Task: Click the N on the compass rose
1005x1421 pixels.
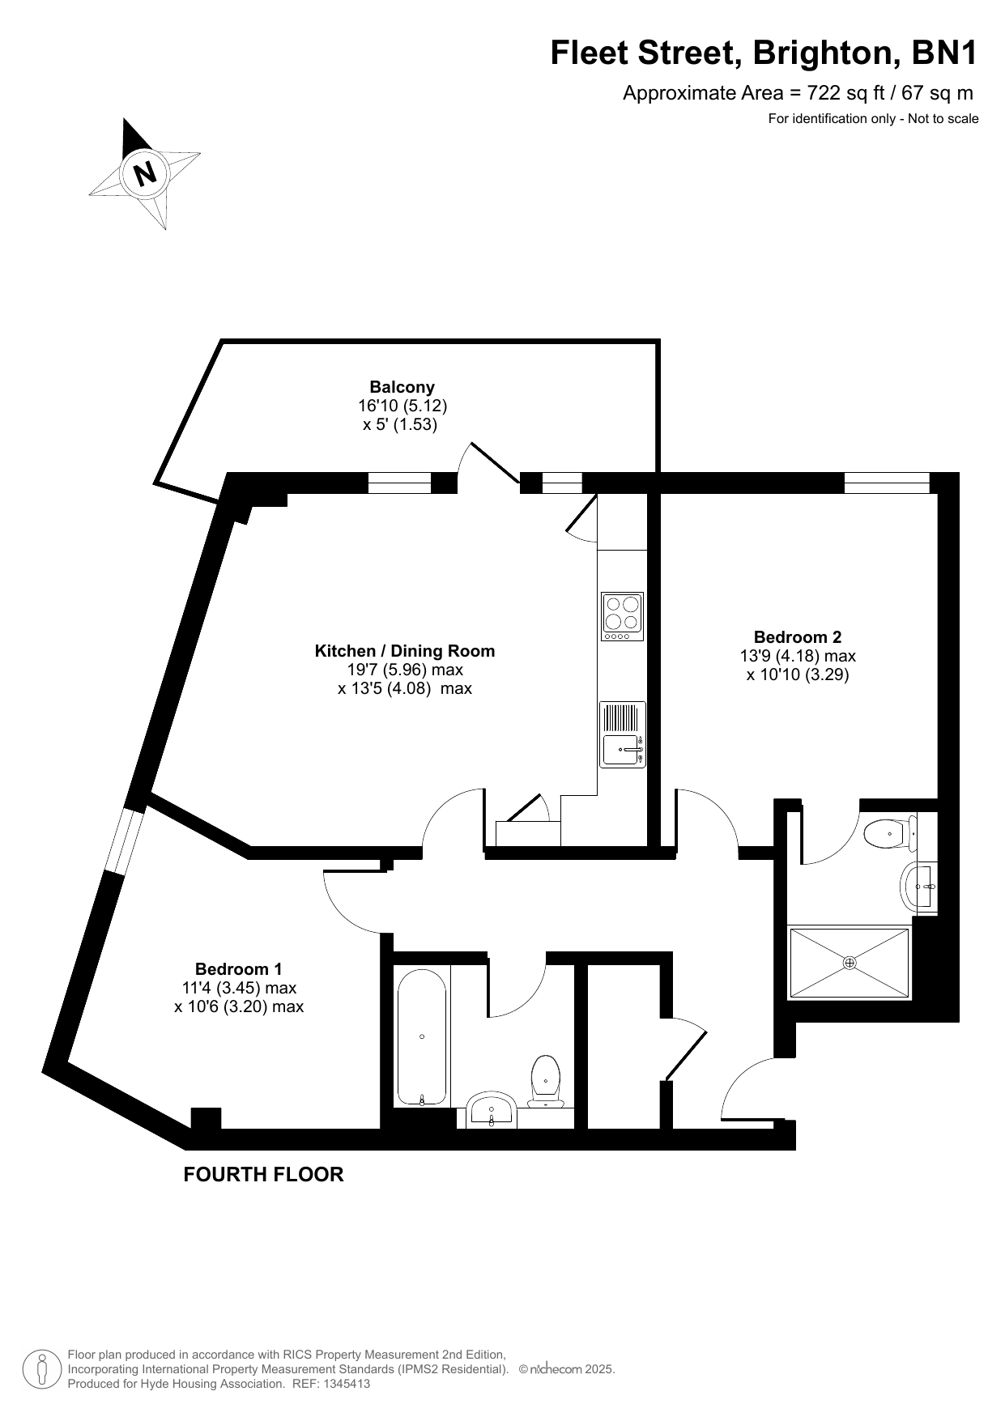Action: click(146, 173)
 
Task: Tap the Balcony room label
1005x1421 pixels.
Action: click(402, 387)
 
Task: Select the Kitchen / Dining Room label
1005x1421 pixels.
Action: click(405, 651)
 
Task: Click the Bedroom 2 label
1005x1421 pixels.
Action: click(792, 637)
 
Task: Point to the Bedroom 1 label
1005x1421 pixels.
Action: click(239, 969)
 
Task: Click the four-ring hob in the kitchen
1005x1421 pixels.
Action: click(622, 616)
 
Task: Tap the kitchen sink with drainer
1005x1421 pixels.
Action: click(623, 734)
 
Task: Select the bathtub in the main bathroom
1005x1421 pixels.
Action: click(421, 1036)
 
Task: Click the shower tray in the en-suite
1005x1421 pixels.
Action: click(850, 963)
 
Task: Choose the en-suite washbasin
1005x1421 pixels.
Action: click(918, 887)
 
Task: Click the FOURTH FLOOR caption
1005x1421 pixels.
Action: click(263, 1174)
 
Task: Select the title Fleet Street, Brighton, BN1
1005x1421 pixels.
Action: click(764, 53)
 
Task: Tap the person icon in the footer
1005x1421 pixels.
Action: click(42, 1369)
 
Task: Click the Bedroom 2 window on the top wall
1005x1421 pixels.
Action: click(887, 483)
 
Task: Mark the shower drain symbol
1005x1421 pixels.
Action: click(850, 963)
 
